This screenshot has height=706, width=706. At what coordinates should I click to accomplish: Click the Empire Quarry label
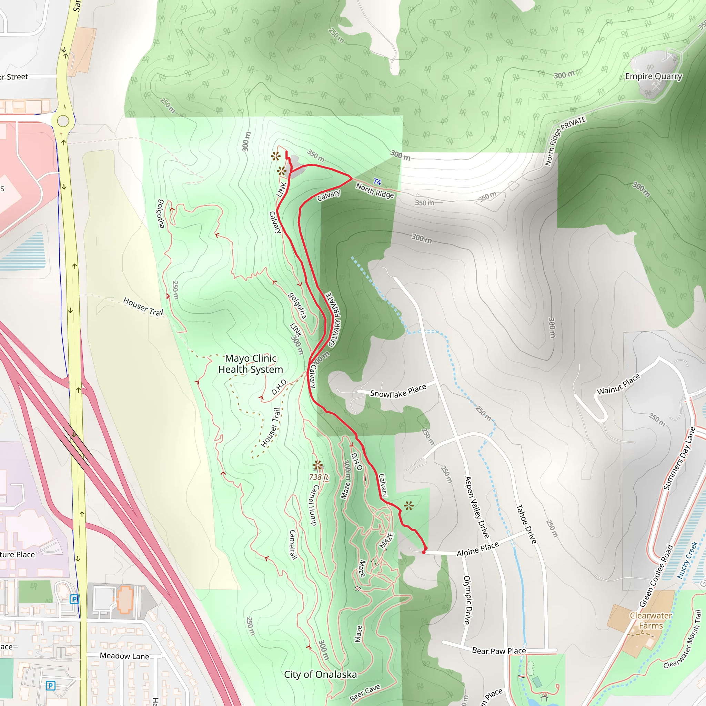(653, 77)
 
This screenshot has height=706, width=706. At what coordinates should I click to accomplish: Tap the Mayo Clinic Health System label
(251, 364)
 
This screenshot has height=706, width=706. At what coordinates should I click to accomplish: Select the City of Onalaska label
(320, 674)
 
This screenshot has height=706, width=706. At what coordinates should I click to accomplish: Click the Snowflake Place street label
(398, 391)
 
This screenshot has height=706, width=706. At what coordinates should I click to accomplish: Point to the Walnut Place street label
(618, 384)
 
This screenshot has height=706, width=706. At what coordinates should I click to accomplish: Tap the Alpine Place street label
(477, 549)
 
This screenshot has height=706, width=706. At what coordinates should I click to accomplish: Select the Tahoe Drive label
(526, 524)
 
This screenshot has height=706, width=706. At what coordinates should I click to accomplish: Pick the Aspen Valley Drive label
(476, 507)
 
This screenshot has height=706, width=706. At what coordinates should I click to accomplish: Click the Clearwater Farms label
(651, 621)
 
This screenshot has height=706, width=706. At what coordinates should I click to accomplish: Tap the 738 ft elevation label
(319, 477)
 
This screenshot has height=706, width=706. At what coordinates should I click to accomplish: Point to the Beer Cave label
(365, 693)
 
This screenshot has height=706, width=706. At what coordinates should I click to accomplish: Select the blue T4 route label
(377, 182)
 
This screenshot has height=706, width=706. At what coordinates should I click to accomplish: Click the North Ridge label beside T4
(375, 191)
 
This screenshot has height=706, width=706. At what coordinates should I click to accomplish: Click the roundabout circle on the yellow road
(63, 121)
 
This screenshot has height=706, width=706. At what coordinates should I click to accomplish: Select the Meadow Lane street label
(124, 656)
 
